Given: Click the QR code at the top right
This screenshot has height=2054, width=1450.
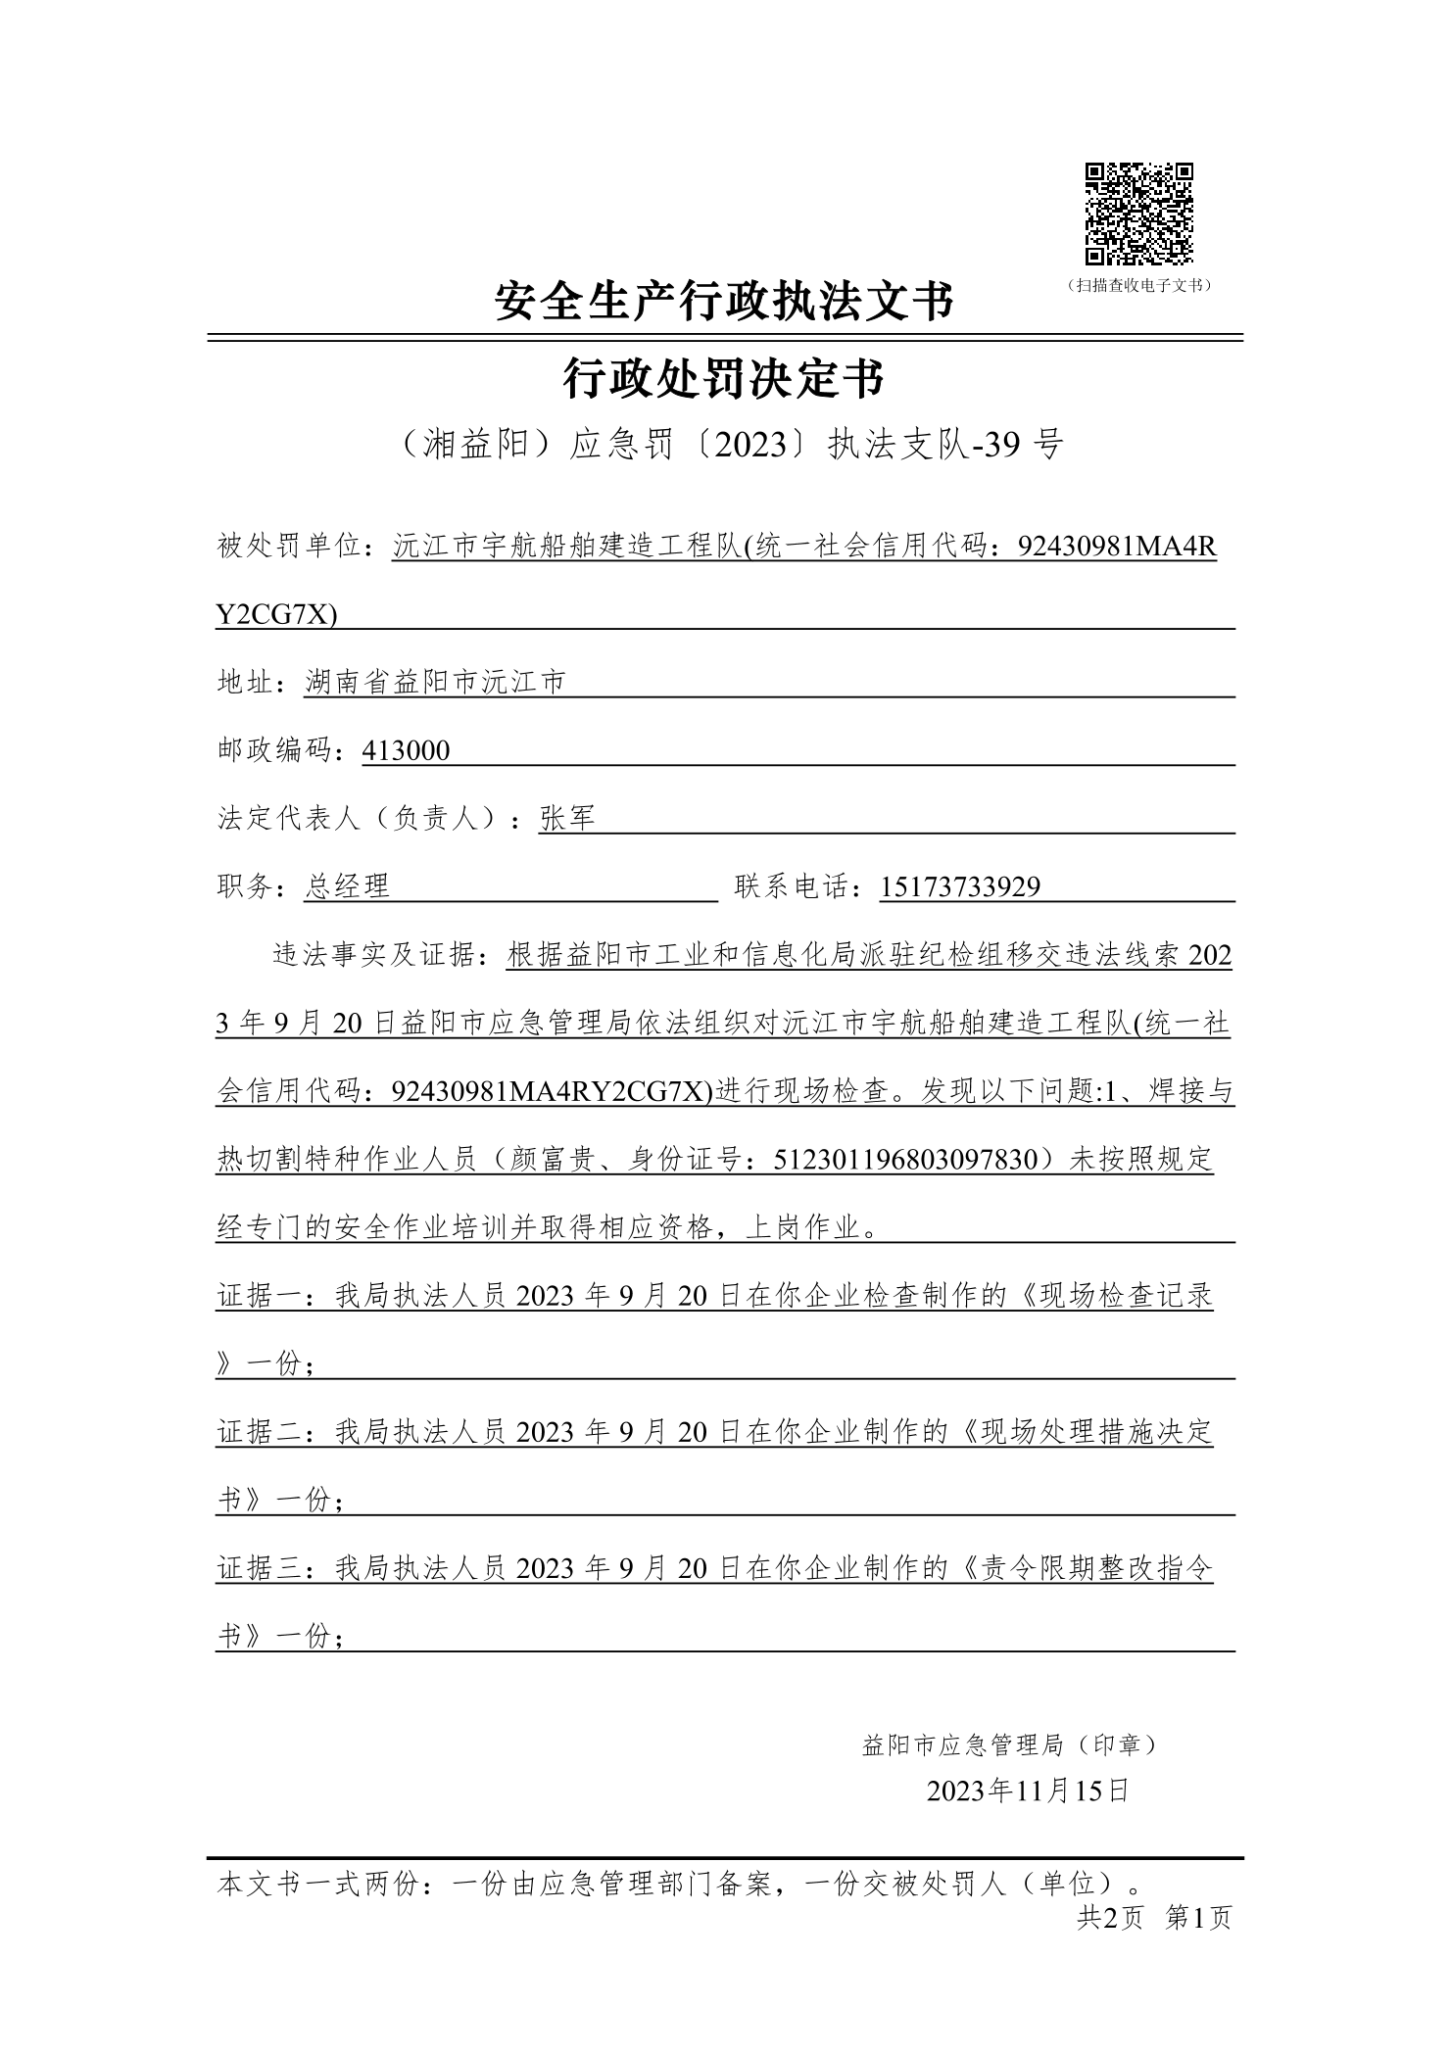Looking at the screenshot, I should click(1138, 214).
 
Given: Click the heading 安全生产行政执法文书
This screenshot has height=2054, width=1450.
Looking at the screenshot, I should click(724, 301).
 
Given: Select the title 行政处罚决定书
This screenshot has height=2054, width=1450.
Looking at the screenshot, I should click(724, 379).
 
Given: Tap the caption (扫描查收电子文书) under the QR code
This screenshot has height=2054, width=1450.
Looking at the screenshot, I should click(1138, 286).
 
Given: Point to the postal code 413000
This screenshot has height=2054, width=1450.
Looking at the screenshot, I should click(406, 751).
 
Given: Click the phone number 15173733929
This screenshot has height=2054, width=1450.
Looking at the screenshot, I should click(960, 887).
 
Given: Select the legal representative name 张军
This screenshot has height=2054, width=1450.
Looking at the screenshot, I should click(567, 819).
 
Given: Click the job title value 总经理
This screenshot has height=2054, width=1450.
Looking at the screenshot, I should click(347, 887).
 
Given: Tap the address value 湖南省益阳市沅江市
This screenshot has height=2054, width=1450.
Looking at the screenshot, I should click(435, 683).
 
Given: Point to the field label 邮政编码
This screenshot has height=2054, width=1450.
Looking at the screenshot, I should click(277, 751).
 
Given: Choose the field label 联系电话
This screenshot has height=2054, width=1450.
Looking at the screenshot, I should click(794, 887).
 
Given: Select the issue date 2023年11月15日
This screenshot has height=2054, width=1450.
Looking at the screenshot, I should click(1028, 1791).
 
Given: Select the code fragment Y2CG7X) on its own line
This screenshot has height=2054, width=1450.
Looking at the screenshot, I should click(276, 615).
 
